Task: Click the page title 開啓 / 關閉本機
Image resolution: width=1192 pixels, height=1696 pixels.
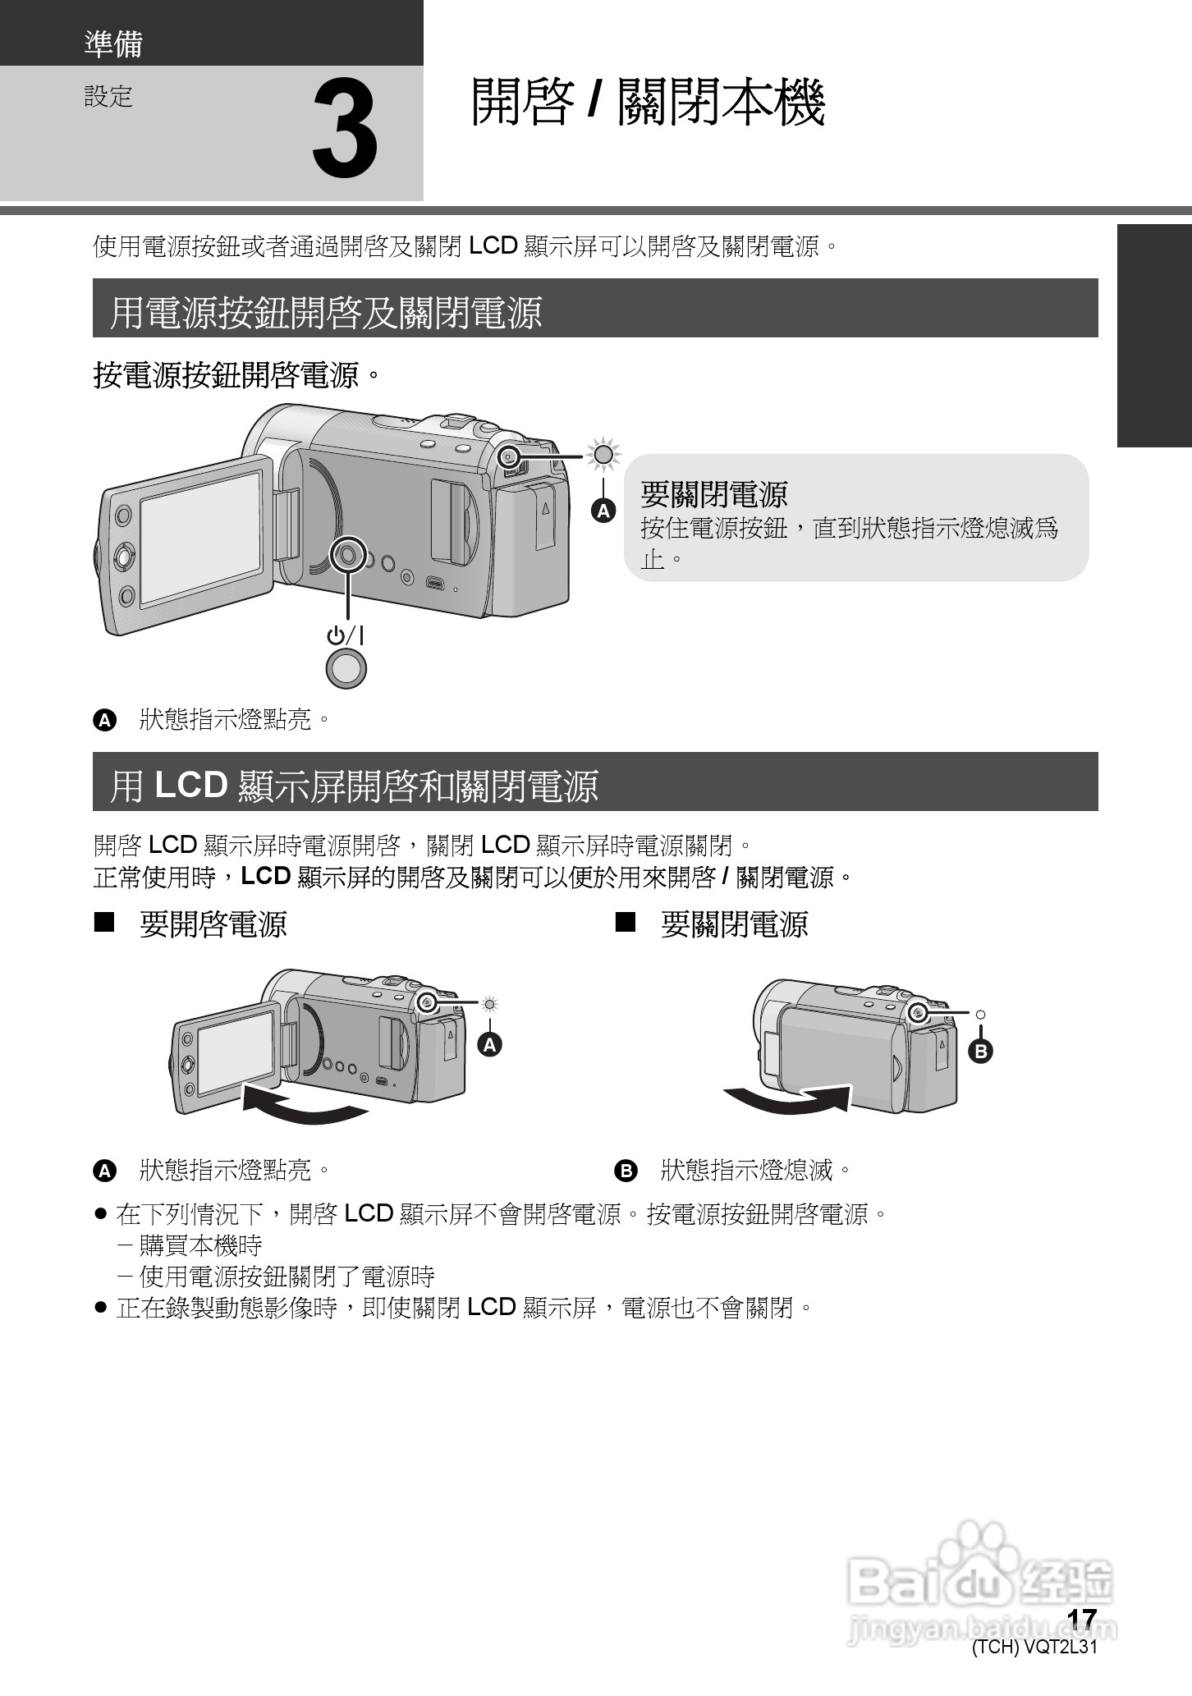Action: point(647,103)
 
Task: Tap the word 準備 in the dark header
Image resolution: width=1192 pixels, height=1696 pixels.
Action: point(113,44)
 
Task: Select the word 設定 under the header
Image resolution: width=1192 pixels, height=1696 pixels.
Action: point(108,97)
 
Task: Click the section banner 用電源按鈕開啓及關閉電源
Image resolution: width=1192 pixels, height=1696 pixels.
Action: point(326,312)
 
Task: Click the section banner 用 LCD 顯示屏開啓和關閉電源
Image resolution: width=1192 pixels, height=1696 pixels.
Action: point(354,785)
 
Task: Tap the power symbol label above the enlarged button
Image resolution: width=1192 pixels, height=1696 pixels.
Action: point(346,635)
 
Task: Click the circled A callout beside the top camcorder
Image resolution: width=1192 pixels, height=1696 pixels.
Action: point(603,511)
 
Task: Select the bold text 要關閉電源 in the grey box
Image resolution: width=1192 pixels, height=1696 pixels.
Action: point(713,494)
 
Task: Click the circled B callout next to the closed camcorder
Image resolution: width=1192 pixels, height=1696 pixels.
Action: point(980,1051)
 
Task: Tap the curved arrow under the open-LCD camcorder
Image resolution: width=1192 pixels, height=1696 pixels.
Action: point(304,1105)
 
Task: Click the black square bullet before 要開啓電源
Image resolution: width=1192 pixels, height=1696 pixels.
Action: point(103,924)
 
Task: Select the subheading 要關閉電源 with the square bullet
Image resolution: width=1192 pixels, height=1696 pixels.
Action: point(734,924)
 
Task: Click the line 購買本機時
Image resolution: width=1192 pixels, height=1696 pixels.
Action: point(200,1245)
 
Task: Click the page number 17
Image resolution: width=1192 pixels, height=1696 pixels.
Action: point(1081,1620)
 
